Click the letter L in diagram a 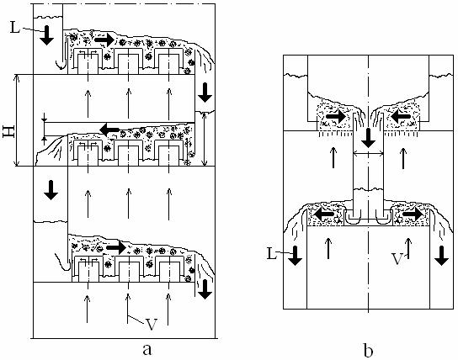pos(15,28)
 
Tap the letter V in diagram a pos(152,324)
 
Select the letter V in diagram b pos(397,259)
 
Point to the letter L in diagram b pos(272,254)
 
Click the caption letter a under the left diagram pos(147,349)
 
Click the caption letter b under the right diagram pos(368,349)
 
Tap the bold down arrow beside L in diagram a pos(46,35)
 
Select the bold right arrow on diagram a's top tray pos(104,40)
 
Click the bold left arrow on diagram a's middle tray pos(109,129)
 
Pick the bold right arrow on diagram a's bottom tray pos(116,247)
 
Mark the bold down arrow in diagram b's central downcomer pos(368,138)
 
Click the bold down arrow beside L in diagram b pos(296,256)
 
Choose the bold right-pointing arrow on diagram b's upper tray pos(336,117)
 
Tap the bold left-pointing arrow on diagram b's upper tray pos(401,117)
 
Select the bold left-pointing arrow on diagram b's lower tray pos(323,214)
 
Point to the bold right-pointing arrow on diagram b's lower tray pos(413,214)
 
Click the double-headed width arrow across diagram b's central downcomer pos(368,153)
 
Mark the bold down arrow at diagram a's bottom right pos(205,289)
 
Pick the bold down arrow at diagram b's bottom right pos(442,256)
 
